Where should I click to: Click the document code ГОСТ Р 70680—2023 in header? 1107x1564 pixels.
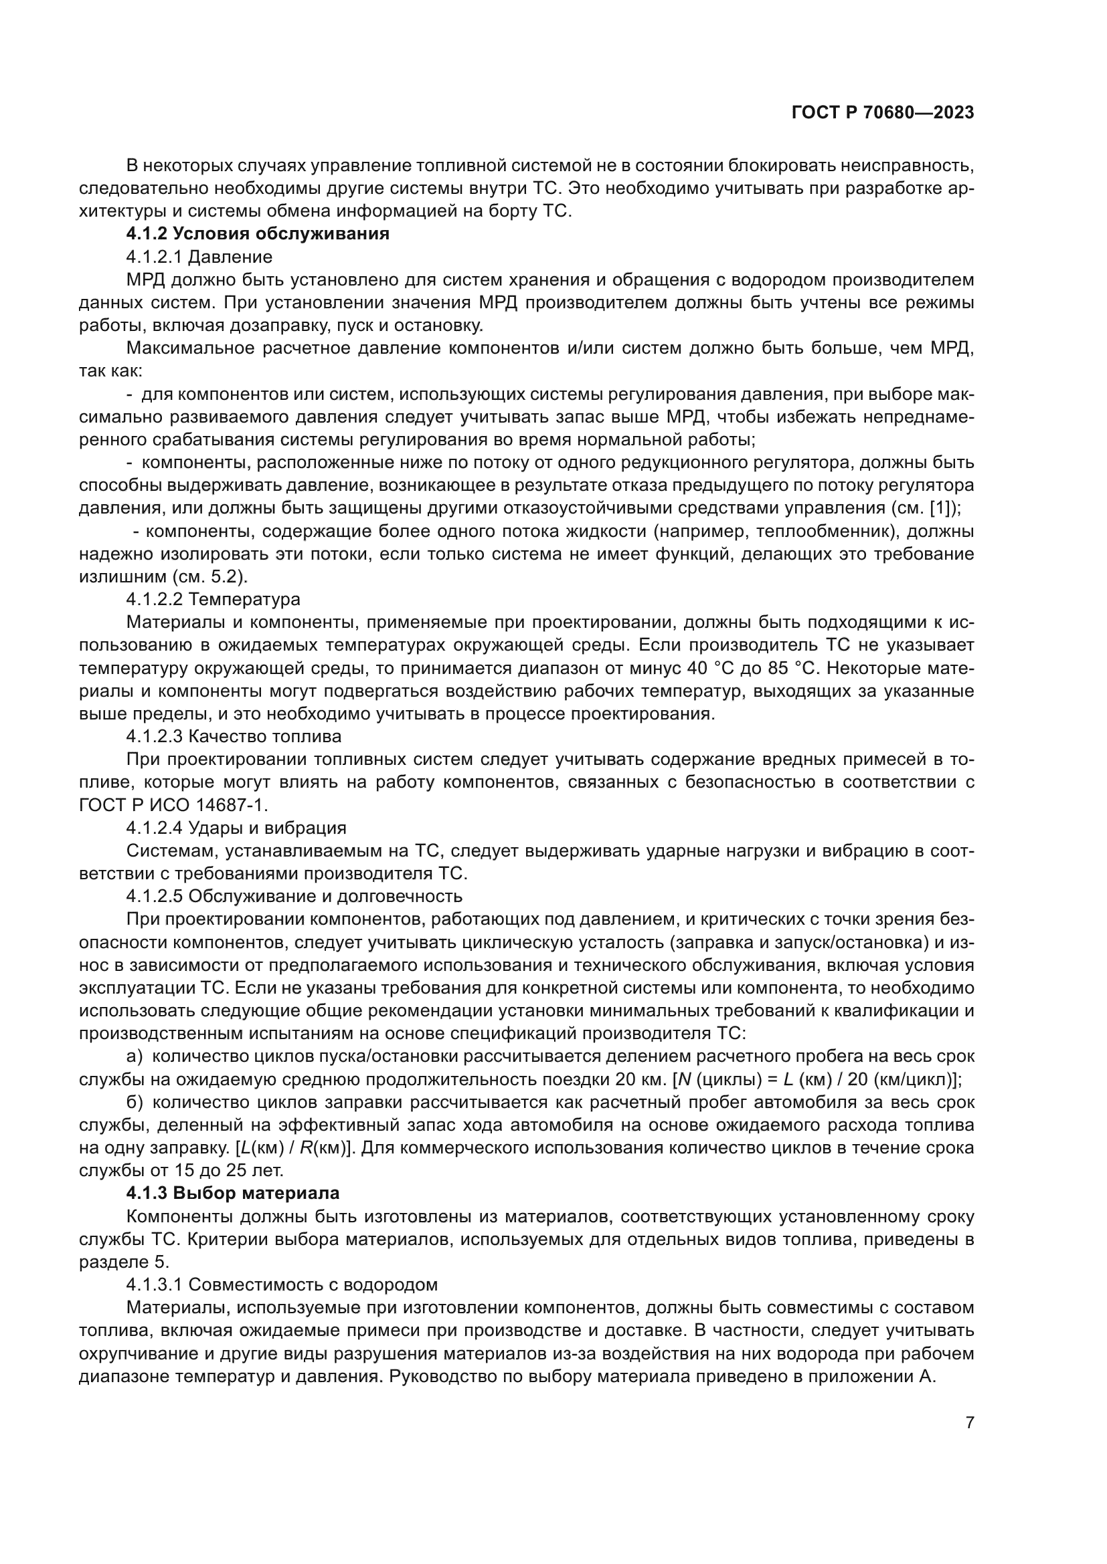point(882,113)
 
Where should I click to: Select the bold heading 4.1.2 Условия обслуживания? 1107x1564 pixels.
point(258,233)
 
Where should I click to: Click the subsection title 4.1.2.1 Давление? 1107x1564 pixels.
point(199,257)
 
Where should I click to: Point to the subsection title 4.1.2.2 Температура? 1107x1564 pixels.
point(213,599)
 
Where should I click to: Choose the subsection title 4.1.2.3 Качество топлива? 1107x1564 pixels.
point(233,736)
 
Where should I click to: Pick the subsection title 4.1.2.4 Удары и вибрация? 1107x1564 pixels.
point(236,828)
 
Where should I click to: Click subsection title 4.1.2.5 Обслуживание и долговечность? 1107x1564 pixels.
point(294,897)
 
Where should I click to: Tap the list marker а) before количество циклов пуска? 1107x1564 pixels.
point(134,1056)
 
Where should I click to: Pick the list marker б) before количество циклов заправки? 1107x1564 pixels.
point(134,1102)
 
